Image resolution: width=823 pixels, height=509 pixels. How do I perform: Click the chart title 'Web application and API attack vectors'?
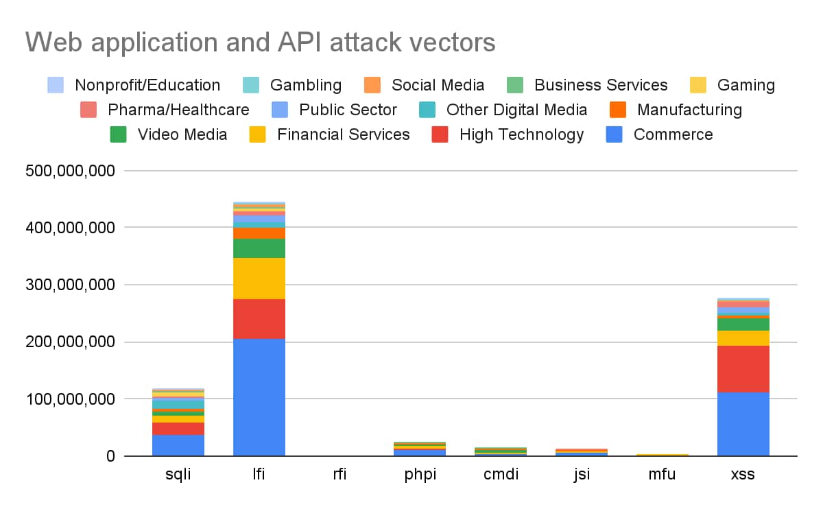click(x=261, y=43)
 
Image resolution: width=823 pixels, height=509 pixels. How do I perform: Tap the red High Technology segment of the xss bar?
click(x=743, y=368)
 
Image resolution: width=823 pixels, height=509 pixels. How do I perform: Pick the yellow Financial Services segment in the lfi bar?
click(x=259, y=278)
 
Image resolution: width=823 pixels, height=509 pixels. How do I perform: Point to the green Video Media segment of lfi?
click(x=259, y=248)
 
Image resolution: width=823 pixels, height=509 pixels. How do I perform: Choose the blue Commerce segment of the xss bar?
click(x=743, y=423)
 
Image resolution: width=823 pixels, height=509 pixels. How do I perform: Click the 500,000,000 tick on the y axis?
click(x=70, y=170)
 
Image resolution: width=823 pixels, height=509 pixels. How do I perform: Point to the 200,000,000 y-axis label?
click(x=70, y=342)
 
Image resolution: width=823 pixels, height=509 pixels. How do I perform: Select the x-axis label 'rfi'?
click(x=339, y=475)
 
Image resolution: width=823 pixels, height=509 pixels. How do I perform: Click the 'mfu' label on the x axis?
click(x=663, y=475)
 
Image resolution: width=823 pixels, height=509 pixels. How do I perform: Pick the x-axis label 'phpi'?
click(x=420, y=475)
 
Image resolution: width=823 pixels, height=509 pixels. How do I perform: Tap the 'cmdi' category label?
click(x=501, y=475)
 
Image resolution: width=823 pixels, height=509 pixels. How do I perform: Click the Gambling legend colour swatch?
click(x=251, y=85)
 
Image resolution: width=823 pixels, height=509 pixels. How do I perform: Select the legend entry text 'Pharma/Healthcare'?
click(x=178, y=110)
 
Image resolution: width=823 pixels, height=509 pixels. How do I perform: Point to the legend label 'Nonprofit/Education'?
click(x=147, y=85)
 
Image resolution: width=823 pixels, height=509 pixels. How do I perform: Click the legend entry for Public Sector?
click(x=348, y=110)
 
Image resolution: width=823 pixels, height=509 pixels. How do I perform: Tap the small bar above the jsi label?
click(x=582, y=452)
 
